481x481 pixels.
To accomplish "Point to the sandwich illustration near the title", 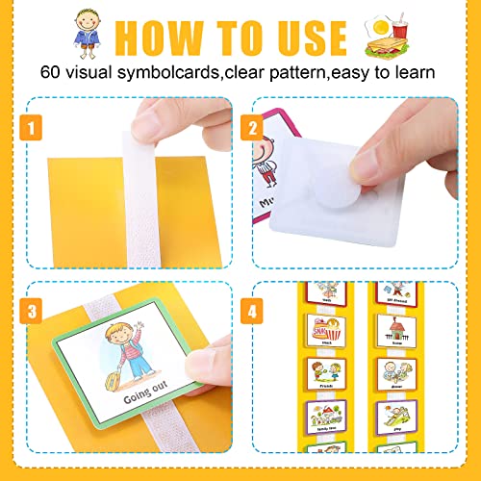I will [389, 35].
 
